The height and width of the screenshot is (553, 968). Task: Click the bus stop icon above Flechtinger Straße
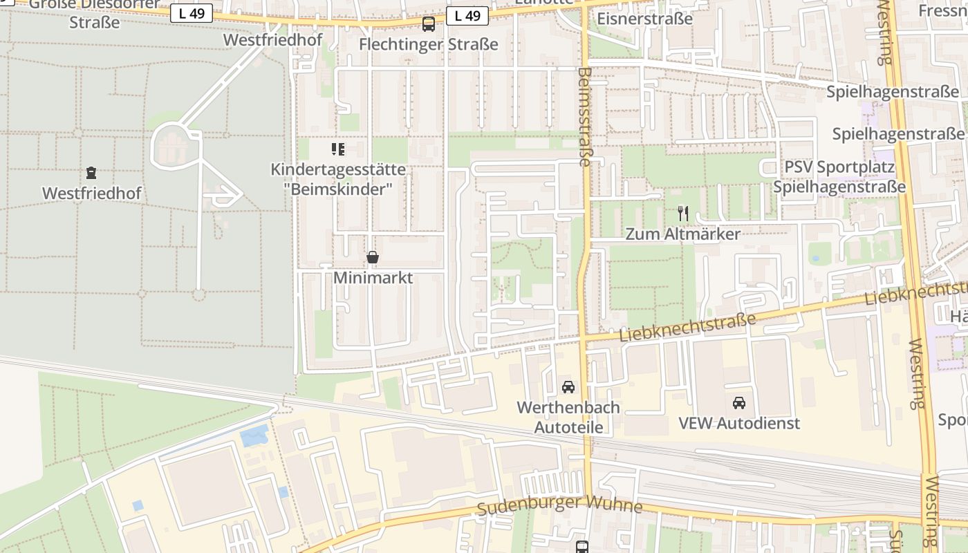(429, 24)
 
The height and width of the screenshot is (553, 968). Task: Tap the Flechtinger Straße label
(429, 44)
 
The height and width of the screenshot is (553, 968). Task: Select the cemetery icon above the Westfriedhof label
(91, 173)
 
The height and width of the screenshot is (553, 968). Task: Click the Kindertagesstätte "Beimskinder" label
(338, 179)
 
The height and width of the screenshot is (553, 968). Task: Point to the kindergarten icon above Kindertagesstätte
(338, 149)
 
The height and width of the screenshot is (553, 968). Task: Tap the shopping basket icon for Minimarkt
(373, 258)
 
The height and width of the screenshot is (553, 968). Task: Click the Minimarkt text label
(373, 278)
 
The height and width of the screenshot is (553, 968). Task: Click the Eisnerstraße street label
(644, 19)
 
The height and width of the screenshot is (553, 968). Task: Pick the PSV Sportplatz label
(839, 167)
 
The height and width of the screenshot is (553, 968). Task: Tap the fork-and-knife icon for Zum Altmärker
(683, 213)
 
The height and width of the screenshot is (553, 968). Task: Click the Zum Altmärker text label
(682, 234)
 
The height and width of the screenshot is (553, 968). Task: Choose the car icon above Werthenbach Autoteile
(568, 387)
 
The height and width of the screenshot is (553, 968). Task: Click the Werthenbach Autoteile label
(568, 417)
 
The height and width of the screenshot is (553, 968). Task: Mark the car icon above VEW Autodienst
(739, 403)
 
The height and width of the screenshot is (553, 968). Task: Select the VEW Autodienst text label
(739, 423)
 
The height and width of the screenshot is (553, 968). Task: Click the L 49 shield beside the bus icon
(467, 16)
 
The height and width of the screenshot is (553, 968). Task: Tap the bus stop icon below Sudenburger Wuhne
(582, 547)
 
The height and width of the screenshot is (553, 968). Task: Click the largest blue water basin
(254, 435)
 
